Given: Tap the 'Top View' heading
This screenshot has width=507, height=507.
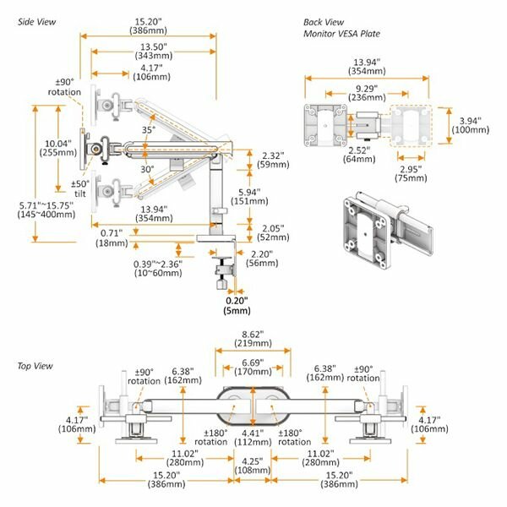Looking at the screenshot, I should click(x=35, y=365).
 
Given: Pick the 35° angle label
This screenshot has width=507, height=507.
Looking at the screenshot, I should click(x=149, y=131).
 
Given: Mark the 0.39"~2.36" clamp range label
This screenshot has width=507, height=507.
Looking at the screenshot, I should click(x=155, y=266).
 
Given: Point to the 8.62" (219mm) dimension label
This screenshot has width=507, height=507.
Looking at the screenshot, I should click(x=253, y=340).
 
